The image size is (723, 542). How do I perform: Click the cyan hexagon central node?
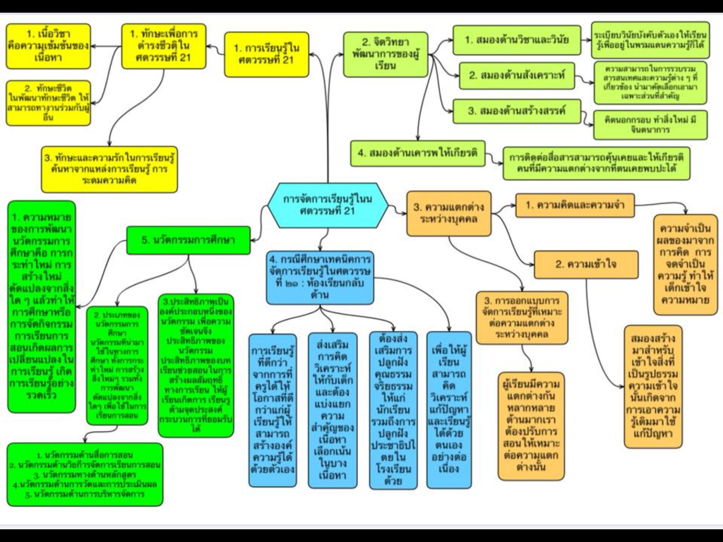tap(330, 205)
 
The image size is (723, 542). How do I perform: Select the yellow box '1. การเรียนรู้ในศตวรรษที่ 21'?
tap(267, 54)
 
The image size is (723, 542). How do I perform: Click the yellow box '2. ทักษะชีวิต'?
tap(48, 103)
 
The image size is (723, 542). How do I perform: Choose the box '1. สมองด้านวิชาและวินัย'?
tap(516, 40)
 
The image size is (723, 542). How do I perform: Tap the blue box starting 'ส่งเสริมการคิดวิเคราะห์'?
tap(333, 409)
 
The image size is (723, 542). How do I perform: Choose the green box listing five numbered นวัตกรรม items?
tap(85, 474)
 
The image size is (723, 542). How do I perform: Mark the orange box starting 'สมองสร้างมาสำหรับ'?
tap(653, 386)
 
